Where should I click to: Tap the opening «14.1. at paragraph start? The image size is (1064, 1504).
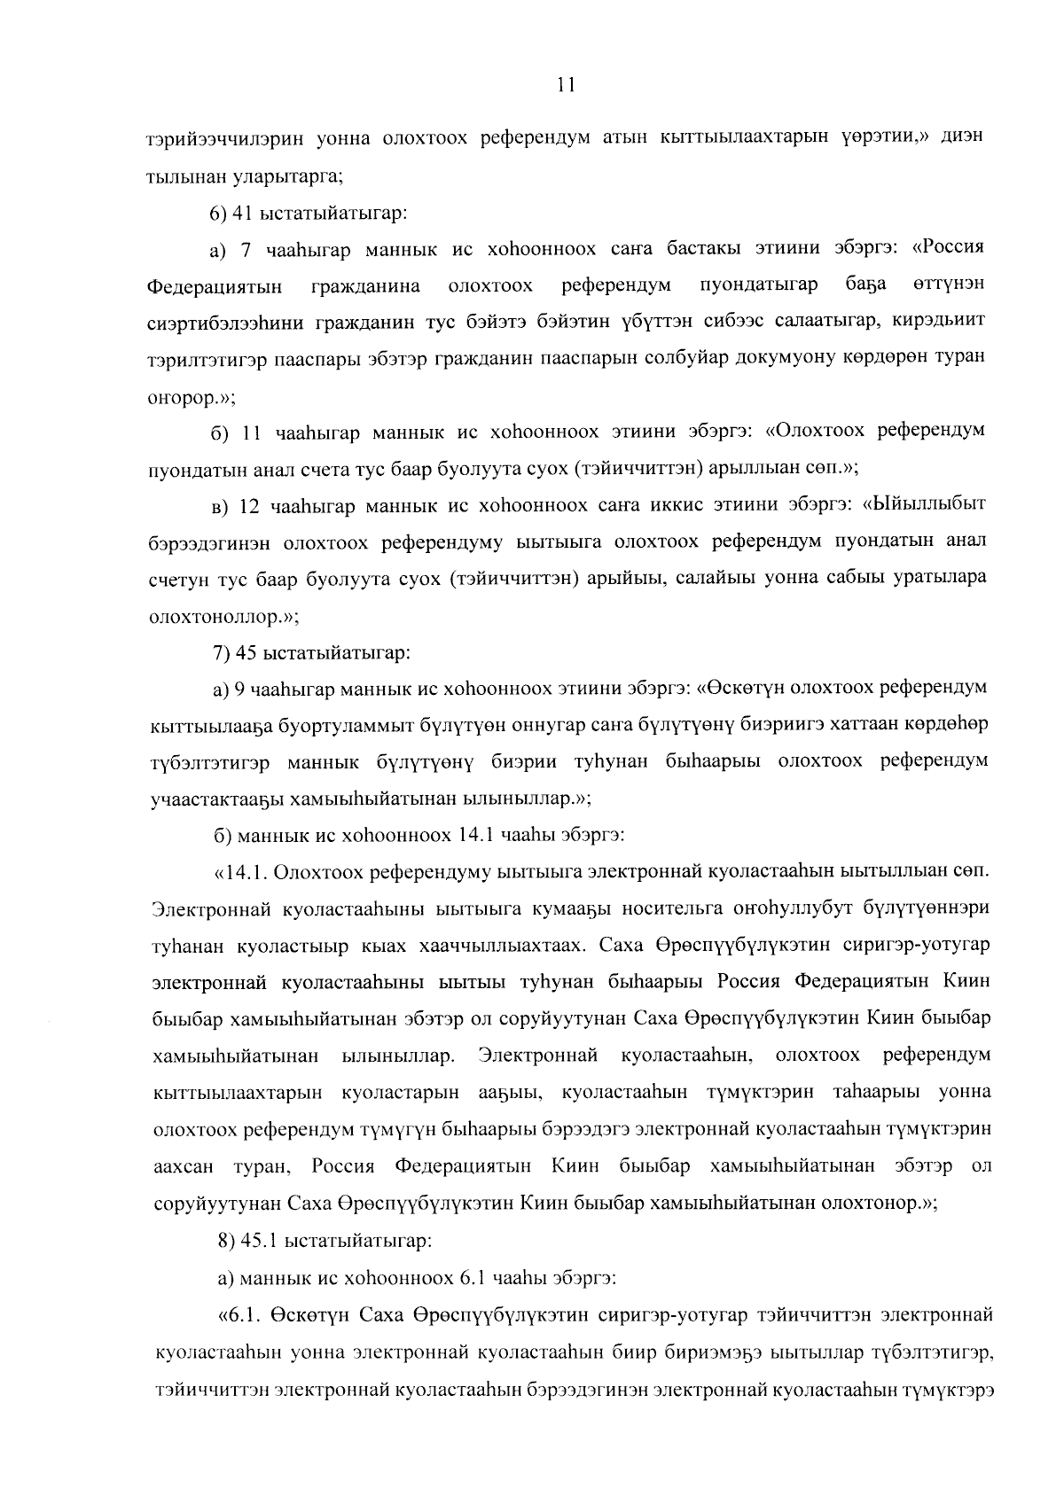[241, 871]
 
